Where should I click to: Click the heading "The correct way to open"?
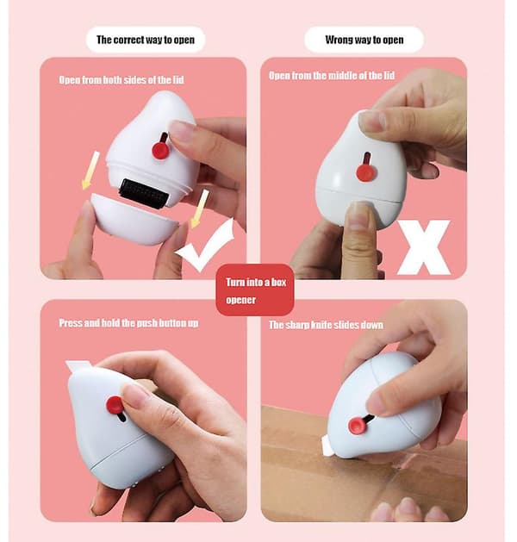pyautogui.click(x=146, y=40)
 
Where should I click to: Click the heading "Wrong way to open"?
pyautogui.click(x=364, y=40)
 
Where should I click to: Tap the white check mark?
pyautogui.click(x=206, y=246)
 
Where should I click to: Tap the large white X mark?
pyautogui.click(x=425, y=247)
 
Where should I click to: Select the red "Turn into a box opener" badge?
pyautogui.click(x=255, y=290)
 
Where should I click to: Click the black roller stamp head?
pyautogui.click(x=145, y=193)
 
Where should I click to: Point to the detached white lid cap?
pyautogui.click(x=134, y=220)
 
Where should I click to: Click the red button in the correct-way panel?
pyautogui.click(x=160, y=149)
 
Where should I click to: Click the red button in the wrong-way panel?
pyautogui.click(x=366, y=171)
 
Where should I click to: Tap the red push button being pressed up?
pyautogui.click(x=115, y=405)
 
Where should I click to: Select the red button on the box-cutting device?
pyautogui.click(x=358, y=425)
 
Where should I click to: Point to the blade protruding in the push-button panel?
pyautogui.click(x=78, y=365)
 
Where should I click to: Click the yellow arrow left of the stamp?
pyautogui.click(x=90, y=171)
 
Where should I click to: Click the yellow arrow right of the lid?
pyautogui.click(x=200, y=209)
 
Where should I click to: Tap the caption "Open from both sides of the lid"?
pyautogui.click(x=121, y=80)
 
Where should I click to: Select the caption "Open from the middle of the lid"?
pyautogui.click(x=332, y=75)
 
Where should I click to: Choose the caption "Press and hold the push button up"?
pyautogui.click(x=128, y=323)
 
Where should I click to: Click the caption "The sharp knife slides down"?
pyautogui.click(x=326, y=325)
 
